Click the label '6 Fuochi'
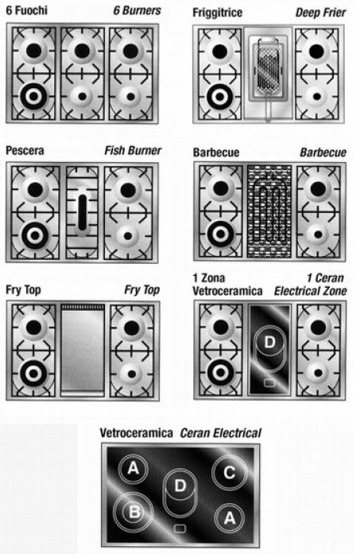pyautogui.click(x=26, y=10)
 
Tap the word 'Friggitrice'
pyautogui.click(x=217, y=13)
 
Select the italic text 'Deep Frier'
pyautogui.click(x=320, y=13)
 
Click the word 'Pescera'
pyautogui.click(x=25, y=150)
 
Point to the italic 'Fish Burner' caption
pyautogui.click(x=133, y=150)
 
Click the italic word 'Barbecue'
pyautogui.click(x=323, y=153)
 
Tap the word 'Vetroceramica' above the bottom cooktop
pyautogui.click(x=136, y=433)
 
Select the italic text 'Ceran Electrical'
pyautogui.click(x=221, y=433)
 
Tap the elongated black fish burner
pyautogui.click(x=83, y=212)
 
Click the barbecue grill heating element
pyautogui.click(x=269, y=211)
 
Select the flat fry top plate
pyautogui.click(x=83, y=351)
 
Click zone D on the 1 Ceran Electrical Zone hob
pyautogui.click(x=269, y=342)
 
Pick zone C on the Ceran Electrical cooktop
pyautogui.click(x=229, y=472)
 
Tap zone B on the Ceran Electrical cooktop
pyautogui.click(x=134, y=512)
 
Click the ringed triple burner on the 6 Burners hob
pyautogui.click(x=33, y=96)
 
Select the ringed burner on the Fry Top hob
pyautogui.click(x=33, y=373)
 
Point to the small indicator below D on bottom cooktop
pyautogui.click(x=180, y=529)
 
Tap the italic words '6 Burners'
pyautogui.click(x=137, y=10)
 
